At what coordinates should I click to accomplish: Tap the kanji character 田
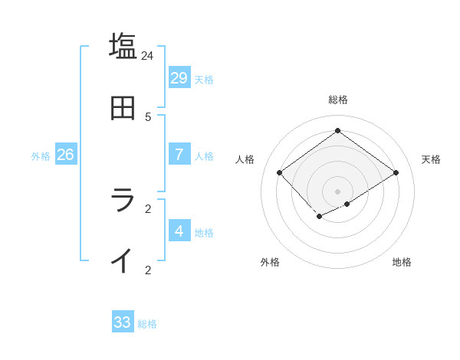pyautogui.click(x=123, y=108)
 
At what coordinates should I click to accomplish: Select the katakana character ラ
pyautogui.click(x=123, y=200)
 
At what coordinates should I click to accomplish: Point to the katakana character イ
pyautogui.click(x=123, y=260)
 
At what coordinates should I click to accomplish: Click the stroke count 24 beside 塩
pyautogui.click(x=148, y=56)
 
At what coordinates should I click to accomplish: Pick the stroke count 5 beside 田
pyautogui.click(x=148, y=117)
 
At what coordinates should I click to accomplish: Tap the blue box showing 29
pyautogui.click(x=179, y=77)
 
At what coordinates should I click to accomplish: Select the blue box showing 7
pyautogui.click(x=179, y=154)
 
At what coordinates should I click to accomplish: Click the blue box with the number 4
pyautogui.click(x=179, y=231)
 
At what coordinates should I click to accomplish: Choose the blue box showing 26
pyautogui.click(x=65, y=154)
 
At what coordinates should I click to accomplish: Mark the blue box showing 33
pyautogui.click(x=123, y=322)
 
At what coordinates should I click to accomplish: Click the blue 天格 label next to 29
pyautogui.click(x=204, y=79)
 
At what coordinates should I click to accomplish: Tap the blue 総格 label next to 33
pyautogui.click(x=147, y=324)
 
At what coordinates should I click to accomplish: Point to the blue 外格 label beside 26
pyautogui.click(x=41, y=155)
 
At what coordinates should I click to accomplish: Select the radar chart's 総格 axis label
pyautogui.click(x=337, y=100)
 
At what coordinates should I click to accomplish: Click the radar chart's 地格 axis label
pyautogui.click(x=402, y=262)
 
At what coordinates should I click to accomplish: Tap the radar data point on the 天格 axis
pyautogui.click(x=396, y=173)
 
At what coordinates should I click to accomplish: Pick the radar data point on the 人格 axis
pyautogui.click(x=280, y=173)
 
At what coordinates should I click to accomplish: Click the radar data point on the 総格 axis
pyautogui.click(x=337, y=131)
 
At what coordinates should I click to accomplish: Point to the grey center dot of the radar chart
pyautogui.click(x=337, y=191)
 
